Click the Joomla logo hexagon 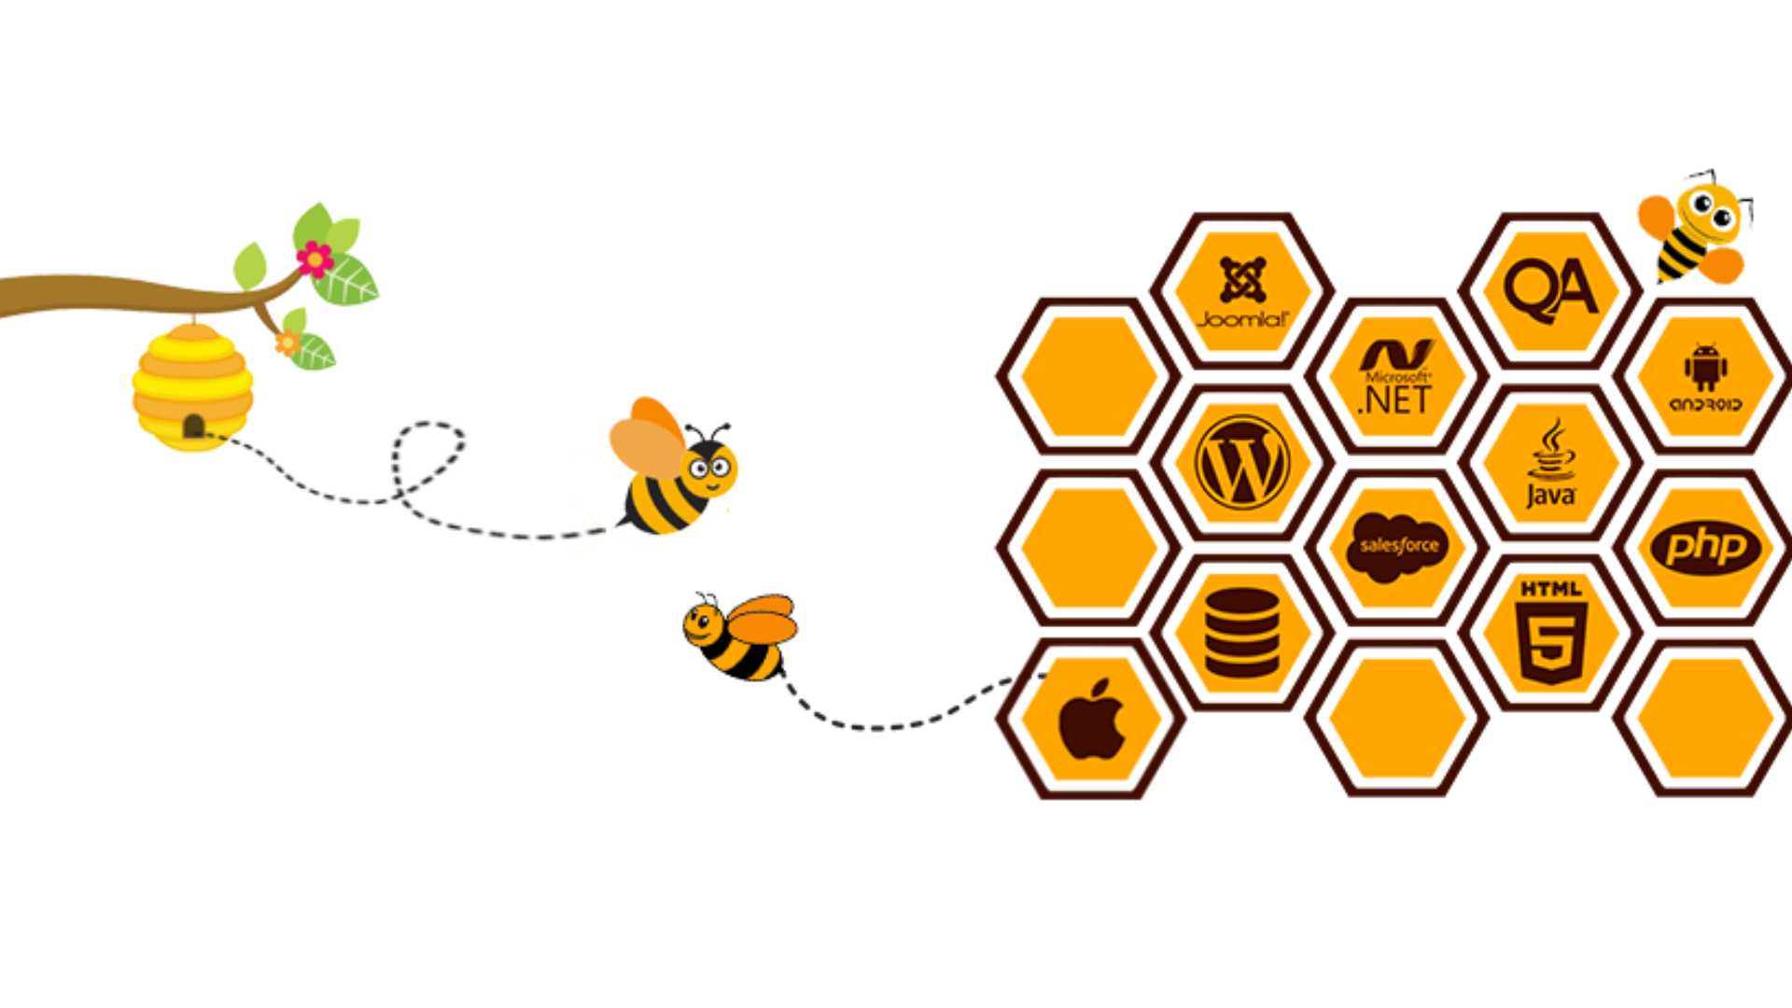[x=1242, y=291]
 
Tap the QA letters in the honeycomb [x=1550, y=290]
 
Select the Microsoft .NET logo [x=1396, y=376]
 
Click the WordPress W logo [x=1242, y=462]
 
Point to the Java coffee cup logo [x=1551, y=463]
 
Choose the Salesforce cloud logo [x=1397, y=547]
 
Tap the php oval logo [x=1705, y=548]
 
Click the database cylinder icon [x=1242, y=632]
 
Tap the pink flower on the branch [x=315, y=259]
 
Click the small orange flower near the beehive [x=287, y=343]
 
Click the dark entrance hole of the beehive [x=193, y=427]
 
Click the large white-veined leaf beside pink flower [x=345, y=279]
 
